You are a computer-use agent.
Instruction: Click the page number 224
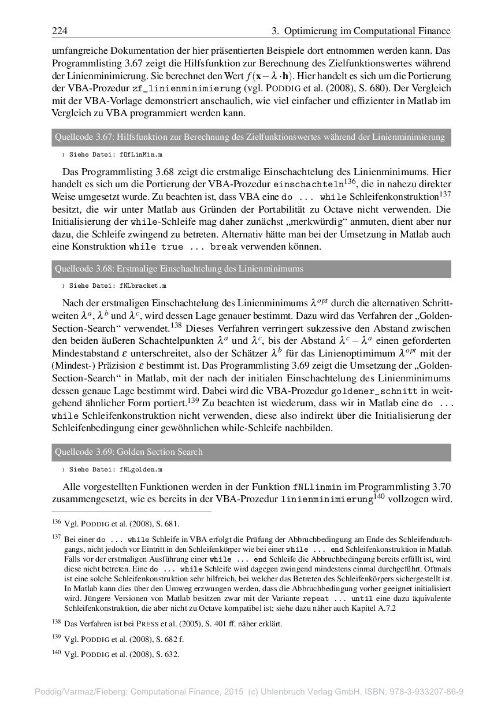point(60,31)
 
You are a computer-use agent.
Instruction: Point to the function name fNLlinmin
point(318,487)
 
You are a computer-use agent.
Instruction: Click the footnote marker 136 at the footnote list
point(56,523)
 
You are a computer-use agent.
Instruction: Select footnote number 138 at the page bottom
point(56,622)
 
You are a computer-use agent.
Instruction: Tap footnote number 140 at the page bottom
point(56,654)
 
